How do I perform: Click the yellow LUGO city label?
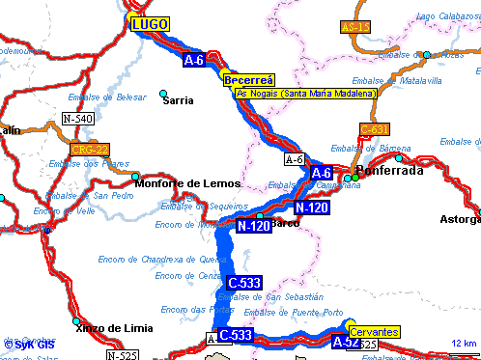(150, 23)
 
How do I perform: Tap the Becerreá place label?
(249, 80)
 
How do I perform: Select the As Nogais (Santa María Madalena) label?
(294, 93)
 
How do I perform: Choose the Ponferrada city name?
(390, 171)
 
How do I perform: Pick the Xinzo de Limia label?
(111, 327)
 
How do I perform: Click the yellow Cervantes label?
(373, 332)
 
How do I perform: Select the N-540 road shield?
(78, 118)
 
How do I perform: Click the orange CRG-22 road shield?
(90, 149)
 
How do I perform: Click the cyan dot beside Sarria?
(163, 93)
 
